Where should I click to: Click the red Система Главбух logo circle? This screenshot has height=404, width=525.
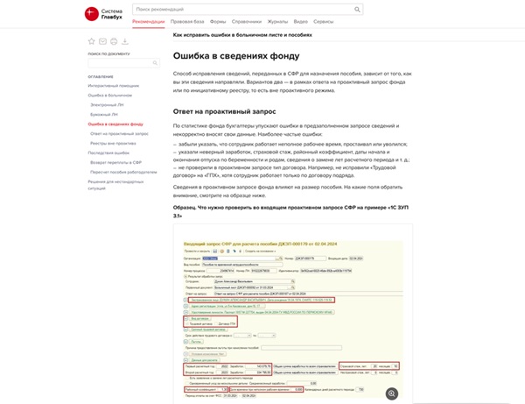tap(91, 13)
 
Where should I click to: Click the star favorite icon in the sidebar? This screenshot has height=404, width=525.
tap(91, 41)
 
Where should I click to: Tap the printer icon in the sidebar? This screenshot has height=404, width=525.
tap(114, 41)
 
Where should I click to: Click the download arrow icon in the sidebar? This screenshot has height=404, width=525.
tap(125, 41)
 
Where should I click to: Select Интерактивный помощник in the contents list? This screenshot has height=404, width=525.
tap(113, 86)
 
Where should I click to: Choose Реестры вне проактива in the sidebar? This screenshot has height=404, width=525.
tap(113, 142)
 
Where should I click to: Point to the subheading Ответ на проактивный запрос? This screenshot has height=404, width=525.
tap(224, 111)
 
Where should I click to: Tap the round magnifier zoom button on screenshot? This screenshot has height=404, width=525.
tap(393, 393)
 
